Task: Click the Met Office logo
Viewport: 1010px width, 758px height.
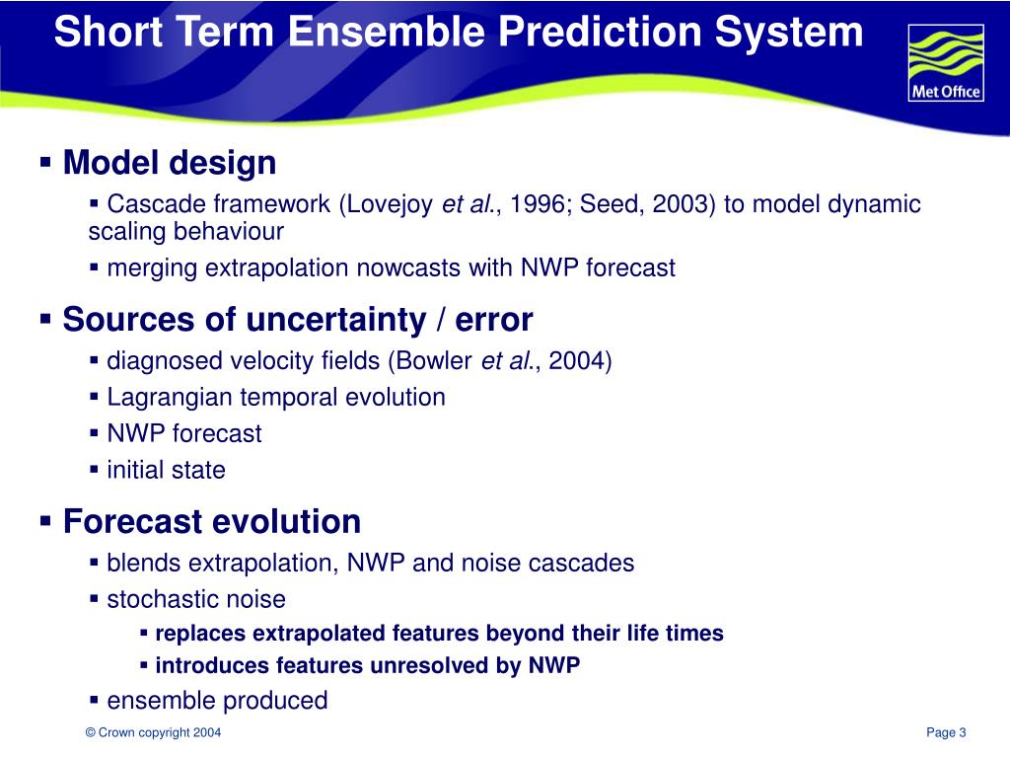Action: click(946, 63)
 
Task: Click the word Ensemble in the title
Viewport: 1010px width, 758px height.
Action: click(388, 32)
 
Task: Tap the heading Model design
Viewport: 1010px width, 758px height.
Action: click(170, 163)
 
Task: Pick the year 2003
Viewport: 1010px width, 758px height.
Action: click(680, 203)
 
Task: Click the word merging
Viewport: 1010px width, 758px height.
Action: click(151, 268)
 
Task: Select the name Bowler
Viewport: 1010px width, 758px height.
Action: click(434, 360)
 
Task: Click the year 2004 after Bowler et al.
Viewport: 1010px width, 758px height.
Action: click(576, 360)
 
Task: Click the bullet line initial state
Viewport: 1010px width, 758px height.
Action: click(166, 470)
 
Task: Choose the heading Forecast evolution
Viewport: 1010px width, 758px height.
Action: click(211, 521)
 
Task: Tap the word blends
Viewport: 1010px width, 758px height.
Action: click(144, 563)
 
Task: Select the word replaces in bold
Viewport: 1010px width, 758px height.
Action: click(200, 634)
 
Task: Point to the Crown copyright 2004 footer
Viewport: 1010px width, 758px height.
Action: click(153, 733)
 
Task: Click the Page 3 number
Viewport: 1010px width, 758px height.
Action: click(946, 733)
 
